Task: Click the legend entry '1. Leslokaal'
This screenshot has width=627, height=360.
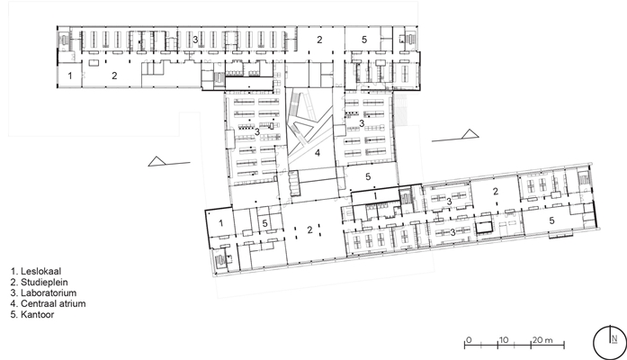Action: click(36, 271)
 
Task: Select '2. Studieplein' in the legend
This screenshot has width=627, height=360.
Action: click(40, 282)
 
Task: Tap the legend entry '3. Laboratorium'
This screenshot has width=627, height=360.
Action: click(43, 292)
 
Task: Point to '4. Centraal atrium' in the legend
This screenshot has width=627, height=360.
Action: click(48, 303)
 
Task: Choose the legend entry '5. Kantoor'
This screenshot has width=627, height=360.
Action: click(32, 314)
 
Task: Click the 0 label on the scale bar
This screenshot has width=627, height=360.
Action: click(469, 340)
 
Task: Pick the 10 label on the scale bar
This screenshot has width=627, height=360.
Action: click(504, 340)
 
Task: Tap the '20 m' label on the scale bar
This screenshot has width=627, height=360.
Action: click(542, 340)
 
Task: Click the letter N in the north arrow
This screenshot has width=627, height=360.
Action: click(614, 338)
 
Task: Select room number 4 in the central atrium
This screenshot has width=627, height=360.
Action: click(318, 153)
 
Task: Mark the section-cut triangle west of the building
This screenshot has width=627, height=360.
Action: click(157, 161)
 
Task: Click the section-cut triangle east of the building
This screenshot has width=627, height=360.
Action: click(470, 134)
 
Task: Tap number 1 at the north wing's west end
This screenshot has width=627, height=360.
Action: click(70, 76)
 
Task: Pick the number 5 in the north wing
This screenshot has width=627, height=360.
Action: click(364, 40)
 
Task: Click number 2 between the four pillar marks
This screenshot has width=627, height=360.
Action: click(309, 230)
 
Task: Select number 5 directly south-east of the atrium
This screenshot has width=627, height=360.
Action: click(368, 176)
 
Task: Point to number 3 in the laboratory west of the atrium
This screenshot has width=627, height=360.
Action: click(257, 131)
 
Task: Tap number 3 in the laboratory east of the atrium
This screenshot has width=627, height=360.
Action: click(362, 123)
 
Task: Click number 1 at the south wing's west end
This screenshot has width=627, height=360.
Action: click(221, 223)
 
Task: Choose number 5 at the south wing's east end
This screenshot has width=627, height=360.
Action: click(551, 220)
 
